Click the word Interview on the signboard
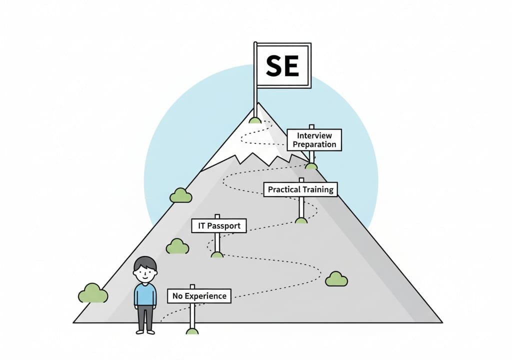point(314,135)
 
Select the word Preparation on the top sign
point(314,144)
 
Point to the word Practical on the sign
point(283,189)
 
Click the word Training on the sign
point(318,189)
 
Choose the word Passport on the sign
point(223,226)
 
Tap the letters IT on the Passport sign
point(200,226)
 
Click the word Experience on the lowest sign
point(205,296)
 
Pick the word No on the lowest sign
point(177,296)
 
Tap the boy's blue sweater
point(145,295)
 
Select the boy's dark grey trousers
point(145,317)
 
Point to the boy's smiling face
point(145,273)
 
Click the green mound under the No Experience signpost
point(192,331)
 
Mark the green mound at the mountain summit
point(255,120)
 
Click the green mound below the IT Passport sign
point(217,254)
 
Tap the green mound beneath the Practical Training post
point(301,220)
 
